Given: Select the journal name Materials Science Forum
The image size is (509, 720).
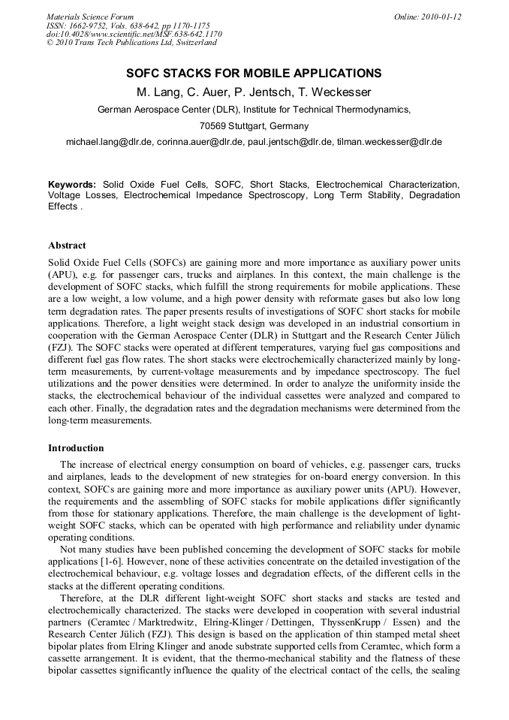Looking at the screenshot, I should pos(90,17).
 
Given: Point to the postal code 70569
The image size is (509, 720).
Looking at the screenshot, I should pos(213,125).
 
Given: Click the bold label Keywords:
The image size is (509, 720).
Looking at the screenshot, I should pos(72,185).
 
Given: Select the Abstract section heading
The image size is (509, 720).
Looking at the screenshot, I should pos(67,246).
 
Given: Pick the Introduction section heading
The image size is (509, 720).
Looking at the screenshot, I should pos(76,448).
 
